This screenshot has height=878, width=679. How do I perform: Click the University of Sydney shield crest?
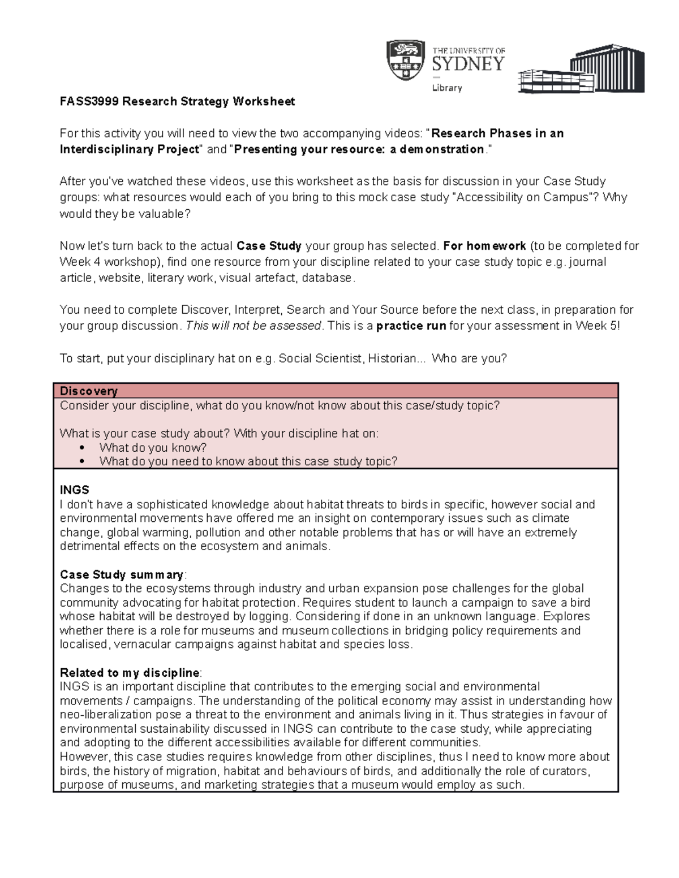(x=405, y=60)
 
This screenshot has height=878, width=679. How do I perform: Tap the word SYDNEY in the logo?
(x=468, y=64)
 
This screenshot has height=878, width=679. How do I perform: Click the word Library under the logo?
(x=447, y=88)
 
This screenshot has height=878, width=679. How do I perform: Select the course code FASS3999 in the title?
(x=89, y=102)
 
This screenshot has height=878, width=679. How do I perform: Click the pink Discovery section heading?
(x=89, y=391)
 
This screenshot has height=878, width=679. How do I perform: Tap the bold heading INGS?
(x=75, y=490)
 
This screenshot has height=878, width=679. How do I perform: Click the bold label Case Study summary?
(x=122, y=574)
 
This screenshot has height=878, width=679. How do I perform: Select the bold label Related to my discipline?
(x=130, y=673)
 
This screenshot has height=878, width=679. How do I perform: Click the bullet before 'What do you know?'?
(x=82, y=448)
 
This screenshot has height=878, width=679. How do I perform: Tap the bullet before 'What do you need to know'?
(x=82, y=461)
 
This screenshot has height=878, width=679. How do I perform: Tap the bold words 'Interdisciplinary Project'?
(x=130, y=149)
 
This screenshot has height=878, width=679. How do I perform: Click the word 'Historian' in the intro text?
(x=392, y=358)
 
